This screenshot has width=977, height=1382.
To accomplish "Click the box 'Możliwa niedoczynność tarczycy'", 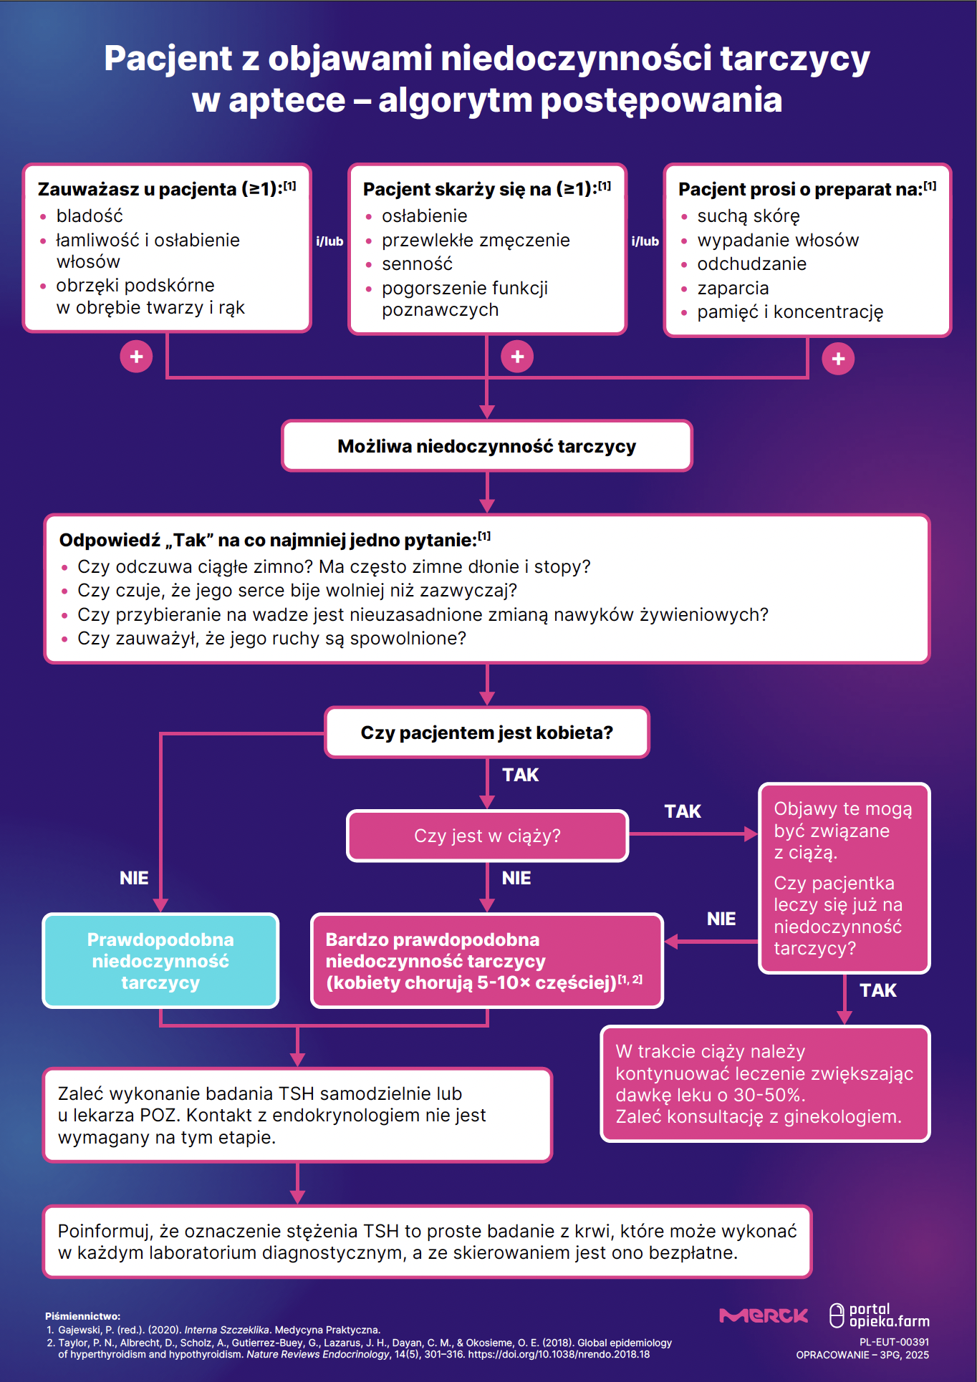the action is coord(487,445).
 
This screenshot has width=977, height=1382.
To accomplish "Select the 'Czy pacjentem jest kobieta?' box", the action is coord(487,732).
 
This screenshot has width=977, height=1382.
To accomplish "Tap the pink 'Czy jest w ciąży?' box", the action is coord(487,836).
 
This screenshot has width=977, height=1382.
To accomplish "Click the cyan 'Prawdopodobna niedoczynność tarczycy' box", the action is coord(160,960).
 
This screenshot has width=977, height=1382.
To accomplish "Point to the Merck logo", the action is coord(764,1315).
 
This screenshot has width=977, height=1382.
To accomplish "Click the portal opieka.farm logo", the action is coord(880,1315).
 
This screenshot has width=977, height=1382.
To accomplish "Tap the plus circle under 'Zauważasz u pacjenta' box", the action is coord(136,357).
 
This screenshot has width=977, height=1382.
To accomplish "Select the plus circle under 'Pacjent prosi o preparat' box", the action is coord(838,359).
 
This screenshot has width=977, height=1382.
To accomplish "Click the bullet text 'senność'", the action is coord(417,264).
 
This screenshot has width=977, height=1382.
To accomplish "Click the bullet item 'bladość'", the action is coord(90,216).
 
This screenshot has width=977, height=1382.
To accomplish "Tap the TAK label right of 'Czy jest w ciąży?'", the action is coord(683,811).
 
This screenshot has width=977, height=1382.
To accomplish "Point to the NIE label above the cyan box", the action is coord(134,878).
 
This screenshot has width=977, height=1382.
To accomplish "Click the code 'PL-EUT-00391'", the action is coord(894,1342).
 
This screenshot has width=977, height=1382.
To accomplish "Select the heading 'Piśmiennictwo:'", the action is coord(82,1316).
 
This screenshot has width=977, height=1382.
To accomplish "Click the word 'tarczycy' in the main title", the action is coord(795,59).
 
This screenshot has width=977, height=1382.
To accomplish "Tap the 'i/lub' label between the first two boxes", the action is coord(329,241).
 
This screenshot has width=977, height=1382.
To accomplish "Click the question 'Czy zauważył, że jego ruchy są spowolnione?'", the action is coord(271,638).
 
